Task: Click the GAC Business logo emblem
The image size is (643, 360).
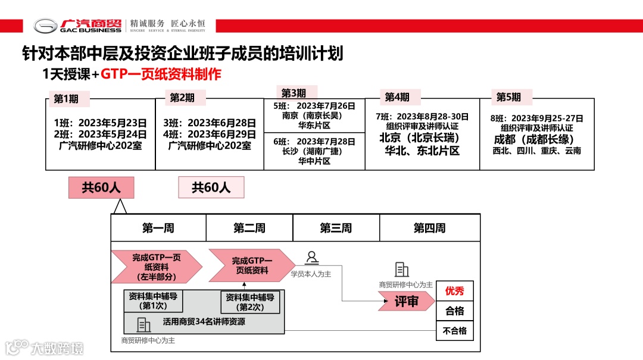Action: click(x=45, y=26)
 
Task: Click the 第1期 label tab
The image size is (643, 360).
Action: click(x=66, y=99)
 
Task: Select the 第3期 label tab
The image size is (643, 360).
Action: click(x=294, y=93)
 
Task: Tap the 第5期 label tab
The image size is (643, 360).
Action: click(x=508, y=97)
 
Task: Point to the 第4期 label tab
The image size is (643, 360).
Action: click(x=397, y=97)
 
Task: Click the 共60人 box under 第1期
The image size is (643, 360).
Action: click(x=101, y=187)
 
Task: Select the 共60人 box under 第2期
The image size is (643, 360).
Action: click(x=211, y=187)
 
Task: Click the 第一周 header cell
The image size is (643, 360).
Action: click(x=158, y=228)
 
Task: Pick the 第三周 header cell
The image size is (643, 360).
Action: click(x=336, y=228)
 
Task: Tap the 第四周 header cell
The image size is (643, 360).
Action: click(x=429, y=228)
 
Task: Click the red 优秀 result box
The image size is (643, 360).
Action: click(x=455, y=291)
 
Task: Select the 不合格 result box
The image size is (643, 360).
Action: click(x=455, y=331)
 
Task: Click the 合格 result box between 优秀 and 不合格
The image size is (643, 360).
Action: click(x=455, y=311)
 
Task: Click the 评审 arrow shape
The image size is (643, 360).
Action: click(x=405, y=302)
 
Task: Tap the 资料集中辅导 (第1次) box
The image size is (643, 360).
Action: click(x=153, y=301)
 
